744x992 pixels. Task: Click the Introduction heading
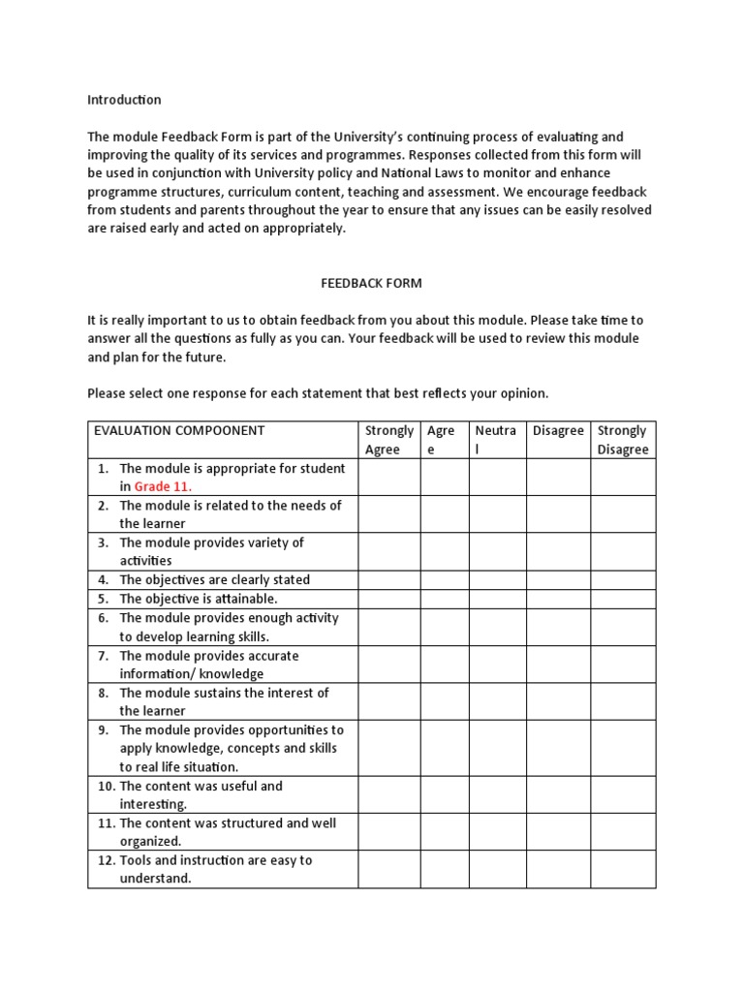point(124,100)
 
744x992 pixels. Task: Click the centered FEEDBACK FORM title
point(371,283)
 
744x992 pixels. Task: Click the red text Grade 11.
point(163,486)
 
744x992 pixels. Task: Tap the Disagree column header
point(558,431)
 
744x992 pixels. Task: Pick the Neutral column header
point(497,439)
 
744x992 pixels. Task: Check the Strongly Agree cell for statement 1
point(388,478)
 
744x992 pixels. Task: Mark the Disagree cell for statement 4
point(558,579)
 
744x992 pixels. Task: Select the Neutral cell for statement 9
point(497,748)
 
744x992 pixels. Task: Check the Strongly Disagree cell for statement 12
point(623,869)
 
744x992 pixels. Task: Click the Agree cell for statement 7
point(444,665)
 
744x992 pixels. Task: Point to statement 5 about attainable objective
point(198,599)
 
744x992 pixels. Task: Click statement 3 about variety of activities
point(210,551)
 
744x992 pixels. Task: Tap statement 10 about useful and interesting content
point(201,794)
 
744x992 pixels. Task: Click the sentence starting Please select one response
point(318,393)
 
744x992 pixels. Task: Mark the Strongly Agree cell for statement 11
point(388,832)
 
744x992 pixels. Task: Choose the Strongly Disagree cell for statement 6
point(623,627)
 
